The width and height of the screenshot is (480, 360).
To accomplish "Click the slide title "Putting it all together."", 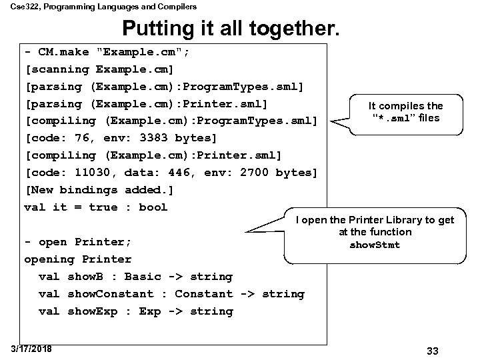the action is pyautogui.click(x=231, y=28).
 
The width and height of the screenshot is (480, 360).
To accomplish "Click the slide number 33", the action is pyautogui.click(x=431, y=351).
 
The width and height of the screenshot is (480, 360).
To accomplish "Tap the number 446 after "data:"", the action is pyautogui.click(x=177, y=173).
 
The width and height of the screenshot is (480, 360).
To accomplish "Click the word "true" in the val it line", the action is pyautogui.click(x=103, y=207).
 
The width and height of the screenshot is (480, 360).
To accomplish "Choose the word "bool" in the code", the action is pyautogui.click(x=153, y=207).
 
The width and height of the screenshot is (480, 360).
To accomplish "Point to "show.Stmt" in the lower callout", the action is pyautogui.click(x=375, y=245).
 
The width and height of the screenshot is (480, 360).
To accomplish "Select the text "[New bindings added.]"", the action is pyautogui.click(x=99, y=190).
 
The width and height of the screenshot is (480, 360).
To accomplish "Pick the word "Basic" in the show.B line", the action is pyautogui.click(x=143, y=277).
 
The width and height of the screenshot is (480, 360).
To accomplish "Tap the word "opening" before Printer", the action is pyautogui.click(x=49, y=259).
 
